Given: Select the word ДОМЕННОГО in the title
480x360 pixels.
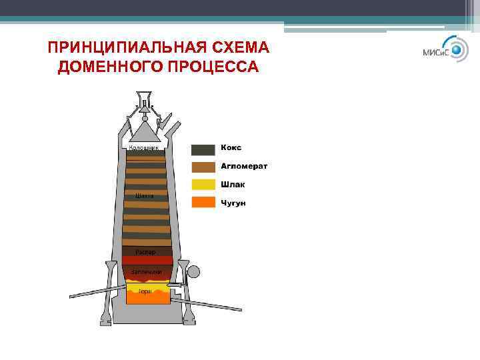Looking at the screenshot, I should [111, 67].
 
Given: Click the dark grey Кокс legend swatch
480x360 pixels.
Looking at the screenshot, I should [203, 149].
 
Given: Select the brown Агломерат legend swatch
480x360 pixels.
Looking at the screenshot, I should [203, 167].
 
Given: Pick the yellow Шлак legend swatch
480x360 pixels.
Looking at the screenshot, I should [203, 185].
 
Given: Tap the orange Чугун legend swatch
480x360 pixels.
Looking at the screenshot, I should [203, 202].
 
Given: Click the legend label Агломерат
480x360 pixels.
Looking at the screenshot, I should [244, 166].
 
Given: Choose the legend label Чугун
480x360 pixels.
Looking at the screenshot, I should [233, 202].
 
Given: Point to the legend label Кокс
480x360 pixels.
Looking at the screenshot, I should [231, 147].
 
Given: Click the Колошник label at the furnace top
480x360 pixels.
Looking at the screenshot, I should [143, 147].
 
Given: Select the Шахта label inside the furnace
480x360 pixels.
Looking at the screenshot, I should [144, 196].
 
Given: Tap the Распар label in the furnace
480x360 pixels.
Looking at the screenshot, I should [145, 252].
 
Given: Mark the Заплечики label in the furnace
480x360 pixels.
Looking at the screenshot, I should [146, 272].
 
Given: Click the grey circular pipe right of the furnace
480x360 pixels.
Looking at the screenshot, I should [193, 272].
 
